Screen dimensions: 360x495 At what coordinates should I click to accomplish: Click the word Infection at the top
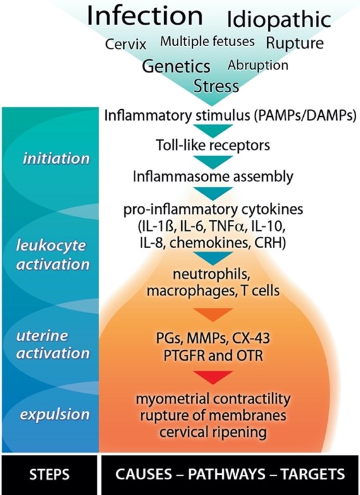(x=145, y=16)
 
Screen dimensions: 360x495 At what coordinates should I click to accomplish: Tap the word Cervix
(x=126, y=44)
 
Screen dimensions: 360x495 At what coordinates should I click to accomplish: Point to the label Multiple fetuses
(x=207, y=42)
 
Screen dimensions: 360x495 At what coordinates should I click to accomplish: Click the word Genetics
(x=176, y=66)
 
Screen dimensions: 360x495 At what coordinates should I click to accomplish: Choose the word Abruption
(x=258, y=66)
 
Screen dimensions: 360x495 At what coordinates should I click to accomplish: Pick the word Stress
(x=216, y=86)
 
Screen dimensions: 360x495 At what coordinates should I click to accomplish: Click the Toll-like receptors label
(x=213, y=145)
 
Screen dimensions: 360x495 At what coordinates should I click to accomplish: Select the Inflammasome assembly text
(x=213, y=177)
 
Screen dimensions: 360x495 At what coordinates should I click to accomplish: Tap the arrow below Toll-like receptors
(x=213, y=162)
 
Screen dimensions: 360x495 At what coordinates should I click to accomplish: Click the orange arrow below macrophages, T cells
(x=213, y=314)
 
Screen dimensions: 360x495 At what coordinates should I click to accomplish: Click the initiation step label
(x=56, y=158)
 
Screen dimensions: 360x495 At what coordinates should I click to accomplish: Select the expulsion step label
(x=54, y=414)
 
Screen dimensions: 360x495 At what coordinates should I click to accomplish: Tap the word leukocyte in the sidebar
(x=51, y=246)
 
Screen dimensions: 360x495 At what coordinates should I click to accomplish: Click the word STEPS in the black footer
(x=49, y=475)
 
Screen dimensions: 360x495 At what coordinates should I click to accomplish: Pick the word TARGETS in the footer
(x=313, y=474)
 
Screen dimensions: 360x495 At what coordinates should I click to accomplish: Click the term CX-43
(x=251, y=338)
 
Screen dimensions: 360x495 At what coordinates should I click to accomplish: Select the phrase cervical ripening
(x=213, y=432)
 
